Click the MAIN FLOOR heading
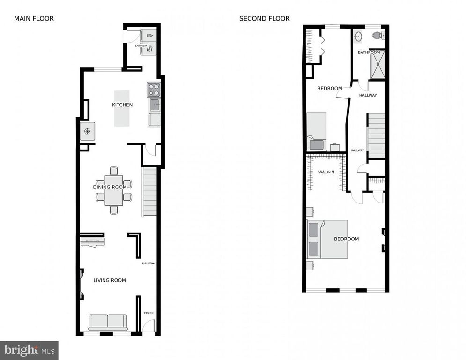click(34, 19)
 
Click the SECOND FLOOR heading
click(264, 19)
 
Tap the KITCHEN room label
click(122, 105)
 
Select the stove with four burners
click(154, 89)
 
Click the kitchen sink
click(155, 105)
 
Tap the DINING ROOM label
click(110, 187)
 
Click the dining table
click(114, 190)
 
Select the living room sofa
click(108, 322)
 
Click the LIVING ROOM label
click(110, 280)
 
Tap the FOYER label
click(148, 313)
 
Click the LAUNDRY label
click(142, 45)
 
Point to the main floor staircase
click(149, 192)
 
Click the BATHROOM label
click(369, 52)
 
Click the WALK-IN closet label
click(326, 172)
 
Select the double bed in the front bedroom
click(327, 239)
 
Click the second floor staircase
click(376, 135)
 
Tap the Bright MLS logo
click(29, 350)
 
